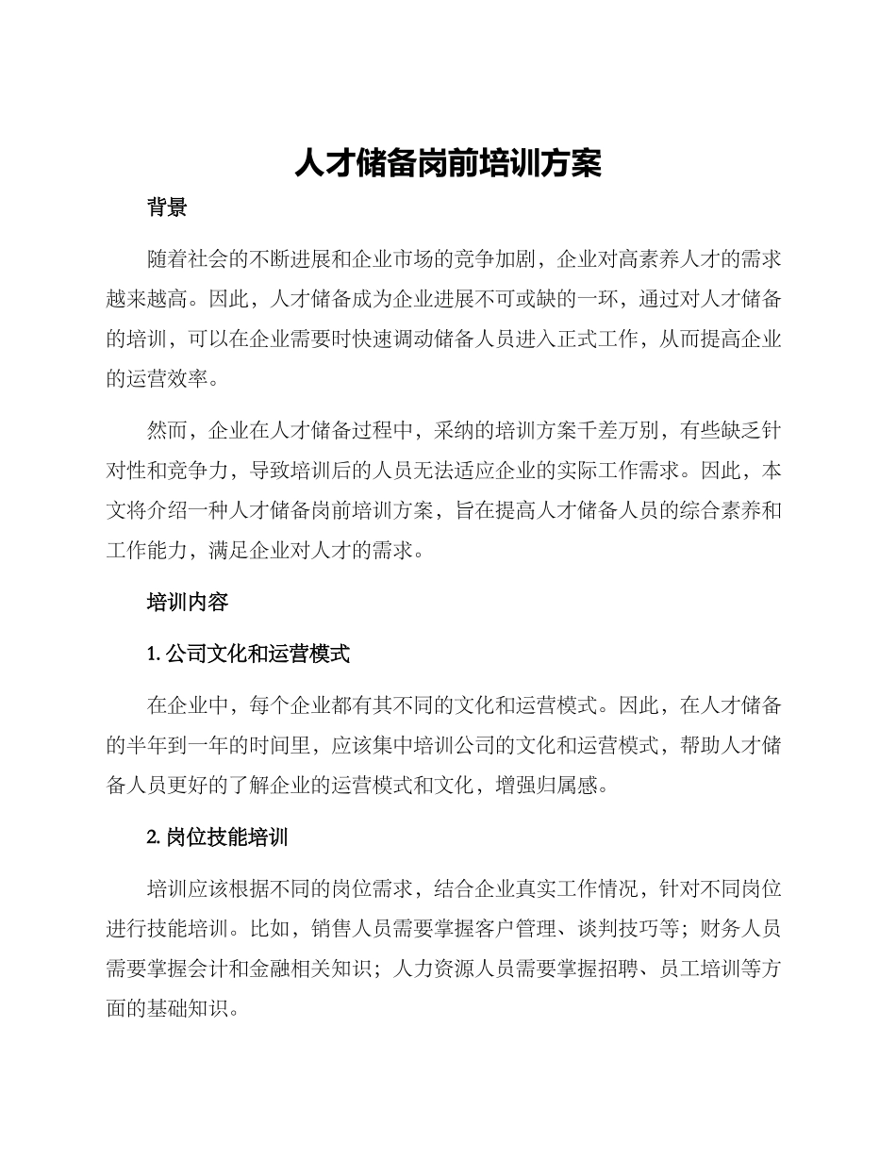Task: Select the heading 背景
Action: click(167, 208)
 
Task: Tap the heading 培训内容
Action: click(188, 602)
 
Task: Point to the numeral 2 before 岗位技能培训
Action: click(153, 837)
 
